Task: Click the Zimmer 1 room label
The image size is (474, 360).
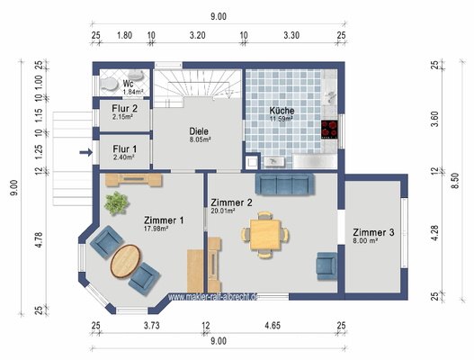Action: point(164,220)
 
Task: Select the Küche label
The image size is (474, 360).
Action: point(282,112)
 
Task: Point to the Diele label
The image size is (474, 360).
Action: point(200,131)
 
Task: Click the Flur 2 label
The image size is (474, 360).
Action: point(124,108)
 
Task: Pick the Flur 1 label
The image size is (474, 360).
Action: point(124,148)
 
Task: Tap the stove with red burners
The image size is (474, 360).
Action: point(330,128)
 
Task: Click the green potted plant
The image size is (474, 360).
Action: point(115,203)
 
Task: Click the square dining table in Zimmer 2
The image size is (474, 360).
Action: point(264,235)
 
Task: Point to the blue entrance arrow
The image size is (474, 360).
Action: point(85,153)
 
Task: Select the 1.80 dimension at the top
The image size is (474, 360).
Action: point(125,36)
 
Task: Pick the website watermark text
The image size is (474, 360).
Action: point(213,296)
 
